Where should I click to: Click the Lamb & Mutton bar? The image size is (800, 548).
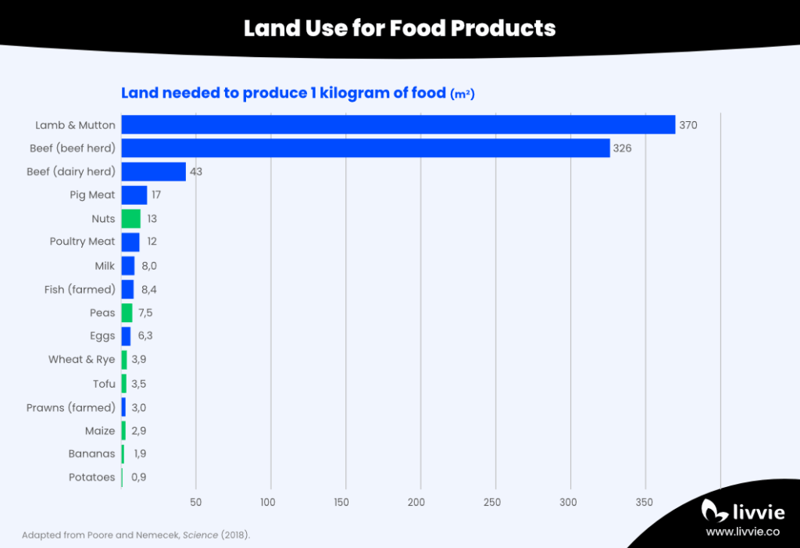coord(398,125)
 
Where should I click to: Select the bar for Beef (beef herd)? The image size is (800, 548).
coord(365,149)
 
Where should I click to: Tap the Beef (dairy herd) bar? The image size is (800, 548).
coord(153,172)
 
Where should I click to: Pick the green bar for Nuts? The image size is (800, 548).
coord(130,219)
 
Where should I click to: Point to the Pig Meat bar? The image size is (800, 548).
coord(134,195)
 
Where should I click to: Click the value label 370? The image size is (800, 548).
coord(687,125)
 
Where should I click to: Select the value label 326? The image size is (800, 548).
coord(622,149)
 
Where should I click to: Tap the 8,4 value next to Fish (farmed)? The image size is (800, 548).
coord(149,290)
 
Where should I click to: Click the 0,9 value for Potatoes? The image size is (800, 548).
coord(138,478)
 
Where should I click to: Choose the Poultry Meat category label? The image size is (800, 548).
coord(82,242)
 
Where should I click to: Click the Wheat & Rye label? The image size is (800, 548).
coord(81,360)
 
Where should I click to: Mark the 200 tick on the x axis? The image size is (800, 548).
coord(420,502)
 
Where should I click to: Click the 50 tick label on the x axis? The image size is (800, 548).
coord(196,502)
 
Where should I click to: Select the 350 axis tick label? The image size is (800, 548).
coord(645,502)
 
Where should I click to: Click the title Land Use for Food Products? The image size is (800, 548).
coord(399,29)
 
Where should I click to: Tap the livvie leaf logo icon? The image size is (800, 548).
coord(712,510)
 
